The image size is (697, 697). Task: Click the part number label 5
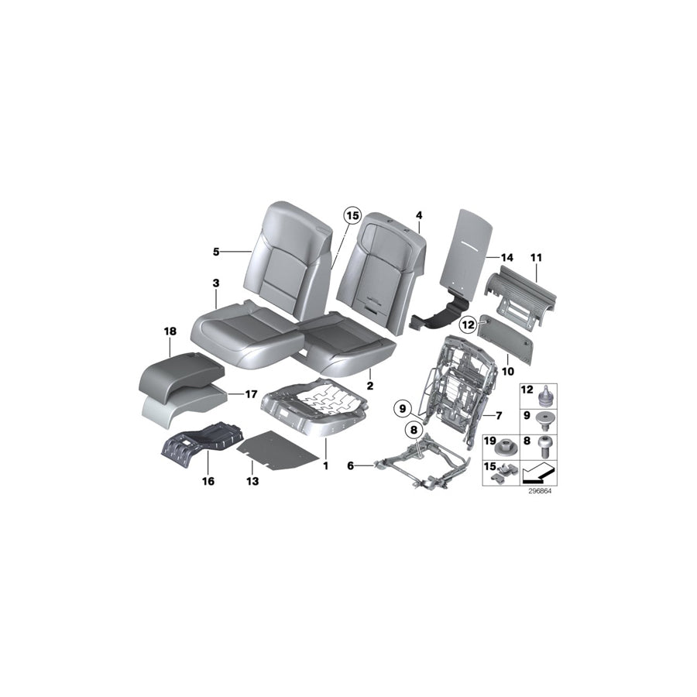coord(216,252)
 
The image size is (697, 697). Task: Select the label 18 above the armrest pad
coord(170,331)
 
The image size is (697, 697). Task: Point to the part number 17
coord(251,394)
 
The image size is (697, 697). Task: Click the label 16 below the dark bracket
coord(208,481)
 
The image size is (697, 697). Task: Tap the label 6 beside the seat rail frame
coord(351,465)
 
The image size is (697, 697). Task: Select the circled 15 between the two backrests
coord(352,217)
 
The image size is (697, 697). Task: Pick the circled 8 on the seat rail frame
coord(414,428)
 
